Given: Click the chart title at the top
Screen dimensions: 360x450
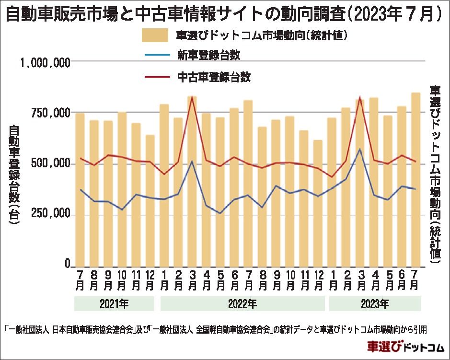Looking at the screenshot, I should click(224, 14).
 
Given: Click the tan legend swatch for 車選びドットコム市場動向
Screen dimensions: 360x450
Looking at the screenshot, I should click(154, 35).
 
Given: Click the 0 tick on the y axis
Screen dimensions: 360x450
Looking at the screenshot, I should click(68, 265).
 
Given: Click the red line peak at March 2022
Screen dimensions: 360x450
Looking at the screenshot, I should click(192, 97).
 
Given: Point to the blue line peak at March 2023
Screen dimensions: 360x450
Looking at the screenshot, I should click(360, 149).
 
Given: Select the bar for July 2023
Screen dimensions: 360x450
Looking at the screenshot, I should click(415, 179).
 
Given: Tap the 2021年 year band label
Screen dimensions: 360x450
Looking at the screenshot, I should click(114, 304).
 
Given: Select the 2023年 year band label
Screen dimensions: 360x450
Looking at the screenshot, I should click(374, 304).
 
